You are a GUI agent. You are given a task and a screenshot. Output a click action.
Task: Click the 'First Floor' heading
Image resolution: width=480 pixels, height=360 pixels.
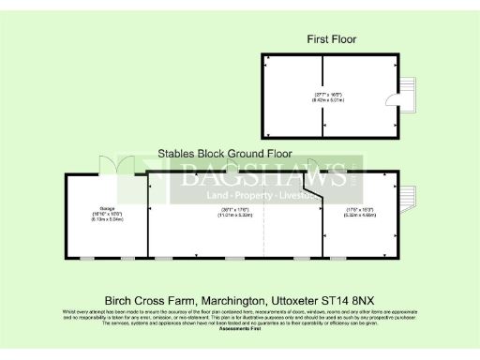[332, 39]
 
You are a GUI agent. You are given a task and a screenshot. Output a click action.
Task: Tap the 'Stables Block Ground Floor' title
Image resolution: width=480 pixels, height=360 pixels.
[225, 153]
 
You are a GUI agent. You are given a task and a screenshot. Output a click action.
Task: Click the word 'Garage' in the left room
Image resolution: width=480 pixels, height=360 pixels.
[106, 207]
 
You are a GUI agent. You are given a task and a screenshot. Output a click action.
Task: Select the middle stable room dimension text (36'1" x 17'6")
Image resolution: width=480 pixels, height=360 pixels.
[234, 212]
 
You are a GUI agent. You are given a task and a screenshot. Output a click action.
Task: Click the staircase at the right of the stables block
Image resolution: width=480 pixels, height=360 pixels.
[405, 200]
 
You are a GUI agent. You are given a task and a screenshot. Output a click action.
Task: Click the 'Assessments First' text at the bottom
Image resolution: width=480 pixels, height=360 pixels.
[240, 329]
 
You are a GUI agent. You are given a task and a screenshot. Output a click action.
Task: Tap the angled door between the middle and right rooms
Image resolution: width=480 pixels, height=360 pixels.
[317, 195]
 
